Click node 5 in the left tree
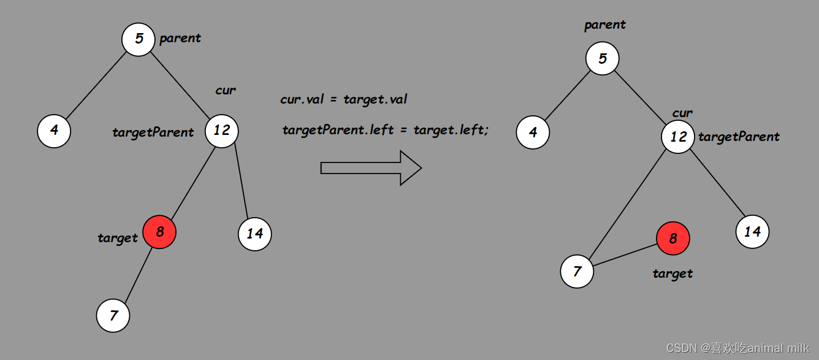(x=139, y=39)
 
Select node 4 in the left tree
(x=54, y=131)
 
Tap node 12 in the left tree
(x=221, y=131)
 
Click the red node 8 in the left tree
(x=159, y=232)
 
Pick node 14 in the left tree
(x=254, y=234)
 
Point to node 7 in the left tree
(x=113, y=316)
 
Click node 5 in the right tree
(x=602, y=59)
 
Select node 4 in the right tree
(x=533, y=132)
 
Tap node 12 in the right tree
(x=678, y=137)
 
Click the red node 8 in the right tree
(x=672, y=239)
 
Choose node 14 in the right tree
(x=752, y=232)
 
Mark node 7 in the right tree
(x=577, y=271)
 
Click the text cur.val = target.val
(x=343, y=99)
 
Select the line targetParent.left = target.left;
(x=386, y=130)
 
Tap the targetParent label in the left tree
(x=153, y=132)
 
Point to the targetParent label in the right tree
(x=739, y=137)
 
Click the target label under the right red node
(x=672, y=274)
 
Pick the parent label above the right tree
(x=605, y=25)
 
